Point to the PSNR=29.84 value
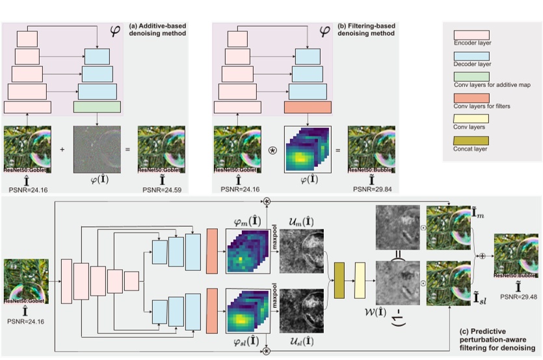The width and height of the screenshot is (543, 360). pyautogui.click(x=368, y=190)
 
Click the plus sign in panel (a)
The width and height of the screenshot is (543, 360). pyautogui.click(x=62, y=149)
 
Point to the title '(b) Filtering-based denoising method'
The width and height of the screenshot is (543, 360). pyautogui.click(x=367, y=30)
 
